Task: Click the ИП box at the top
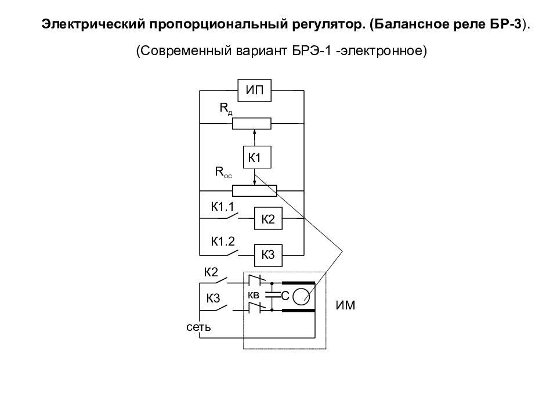coord(254,91)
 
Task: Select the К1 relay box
coord(257,157)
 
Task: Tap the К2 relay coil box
coord(268,218)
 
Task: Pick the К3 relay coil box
coord(268,255)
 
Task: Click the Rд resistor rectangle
coord(251,123)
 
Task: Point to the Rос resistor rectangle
coord(254,190)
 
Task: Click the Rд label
coord(226,109)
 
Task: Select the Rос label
coord(223,172)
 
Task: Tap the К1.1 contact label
coord(222,207)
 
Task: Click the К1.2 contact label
coord(223,242)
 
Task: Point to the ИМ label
coord(345,305)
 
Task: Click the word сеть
coord(198,327)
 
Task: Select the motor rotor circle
coord(301,297)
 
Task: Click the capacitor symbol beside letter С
coord(273,295)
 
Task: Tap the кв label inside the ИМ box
coord(254,295)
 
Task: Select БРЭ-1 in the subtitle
coord(312,51)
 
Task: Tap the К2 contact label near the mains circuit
coord(211,272)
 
